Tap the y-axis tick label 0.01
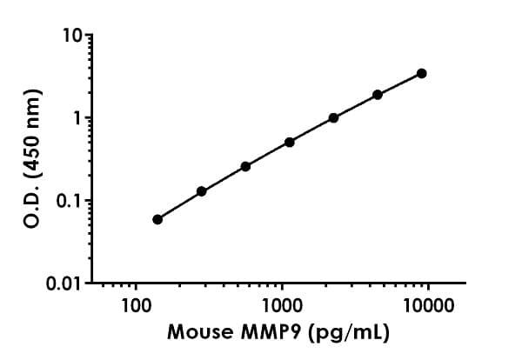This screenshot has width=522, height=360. [68, 283]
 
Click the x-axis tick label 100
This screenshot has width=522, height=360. [136, 306]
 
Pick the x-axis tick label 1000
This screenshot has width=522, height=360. [281, 306]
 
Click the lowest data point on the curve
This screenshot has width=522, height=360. [157, 219]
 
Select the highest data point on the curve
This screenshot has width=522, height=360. [422, 73]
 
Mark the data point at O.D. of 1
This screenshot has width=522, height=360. [333, 117]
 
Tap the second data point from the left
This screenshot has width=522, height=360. [202, 191]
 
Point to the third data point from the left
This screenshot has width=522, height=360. [245, 166]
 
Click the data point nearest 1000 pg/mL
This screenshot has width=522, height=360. [290, 142]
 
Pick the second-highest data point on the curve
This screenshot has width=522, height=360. [378, 94]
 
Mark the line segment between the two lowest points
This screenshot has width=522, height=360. [179, 205]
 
